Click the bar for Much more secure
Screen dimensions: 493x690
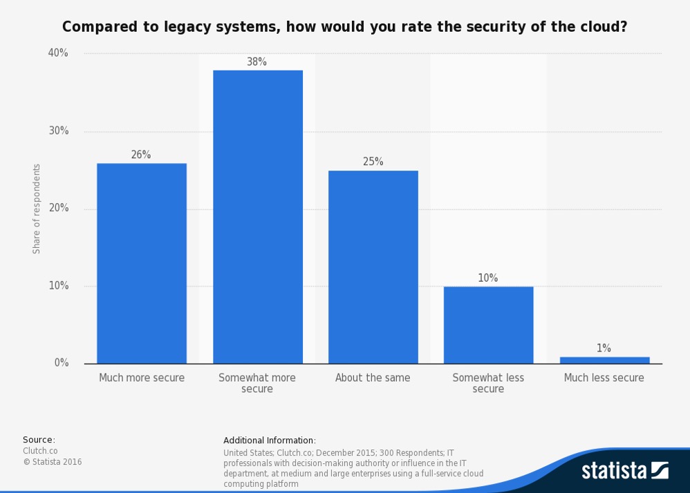point(142,263)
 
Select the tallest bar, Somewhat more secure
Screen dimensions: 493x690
point(257,217)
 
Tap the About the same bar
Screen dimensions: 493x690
point(373,267)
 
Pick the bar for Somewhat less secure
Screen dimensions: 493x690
point(489,325)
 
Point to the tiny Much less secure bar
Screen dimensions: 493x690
point(604,360)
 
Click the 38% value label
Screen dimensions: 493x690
point(257,62)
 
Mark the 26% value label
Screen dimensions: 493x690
point(141,155)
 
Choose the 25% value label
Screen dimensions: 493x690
point(373,162)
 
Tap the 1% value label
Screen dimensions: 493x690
point(604,349)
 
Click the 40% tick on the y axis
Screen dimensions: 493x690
point(59,53)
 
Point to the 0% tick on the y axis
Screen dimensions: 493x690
point(62,363)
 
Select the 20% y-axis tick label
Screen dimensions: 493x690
point(59,209)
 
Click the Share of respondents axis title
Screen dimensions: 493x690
point(37,209)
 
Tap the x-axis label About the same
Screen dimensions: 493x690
point(373,378)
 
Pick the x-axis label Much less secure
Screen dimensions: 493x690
point(604,378)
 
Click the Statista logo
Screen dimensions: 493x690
point(624,471)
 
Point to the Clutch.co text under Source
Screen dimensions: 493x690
point(40,451)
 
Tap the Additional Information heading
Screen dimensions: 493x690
point(270,441)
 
